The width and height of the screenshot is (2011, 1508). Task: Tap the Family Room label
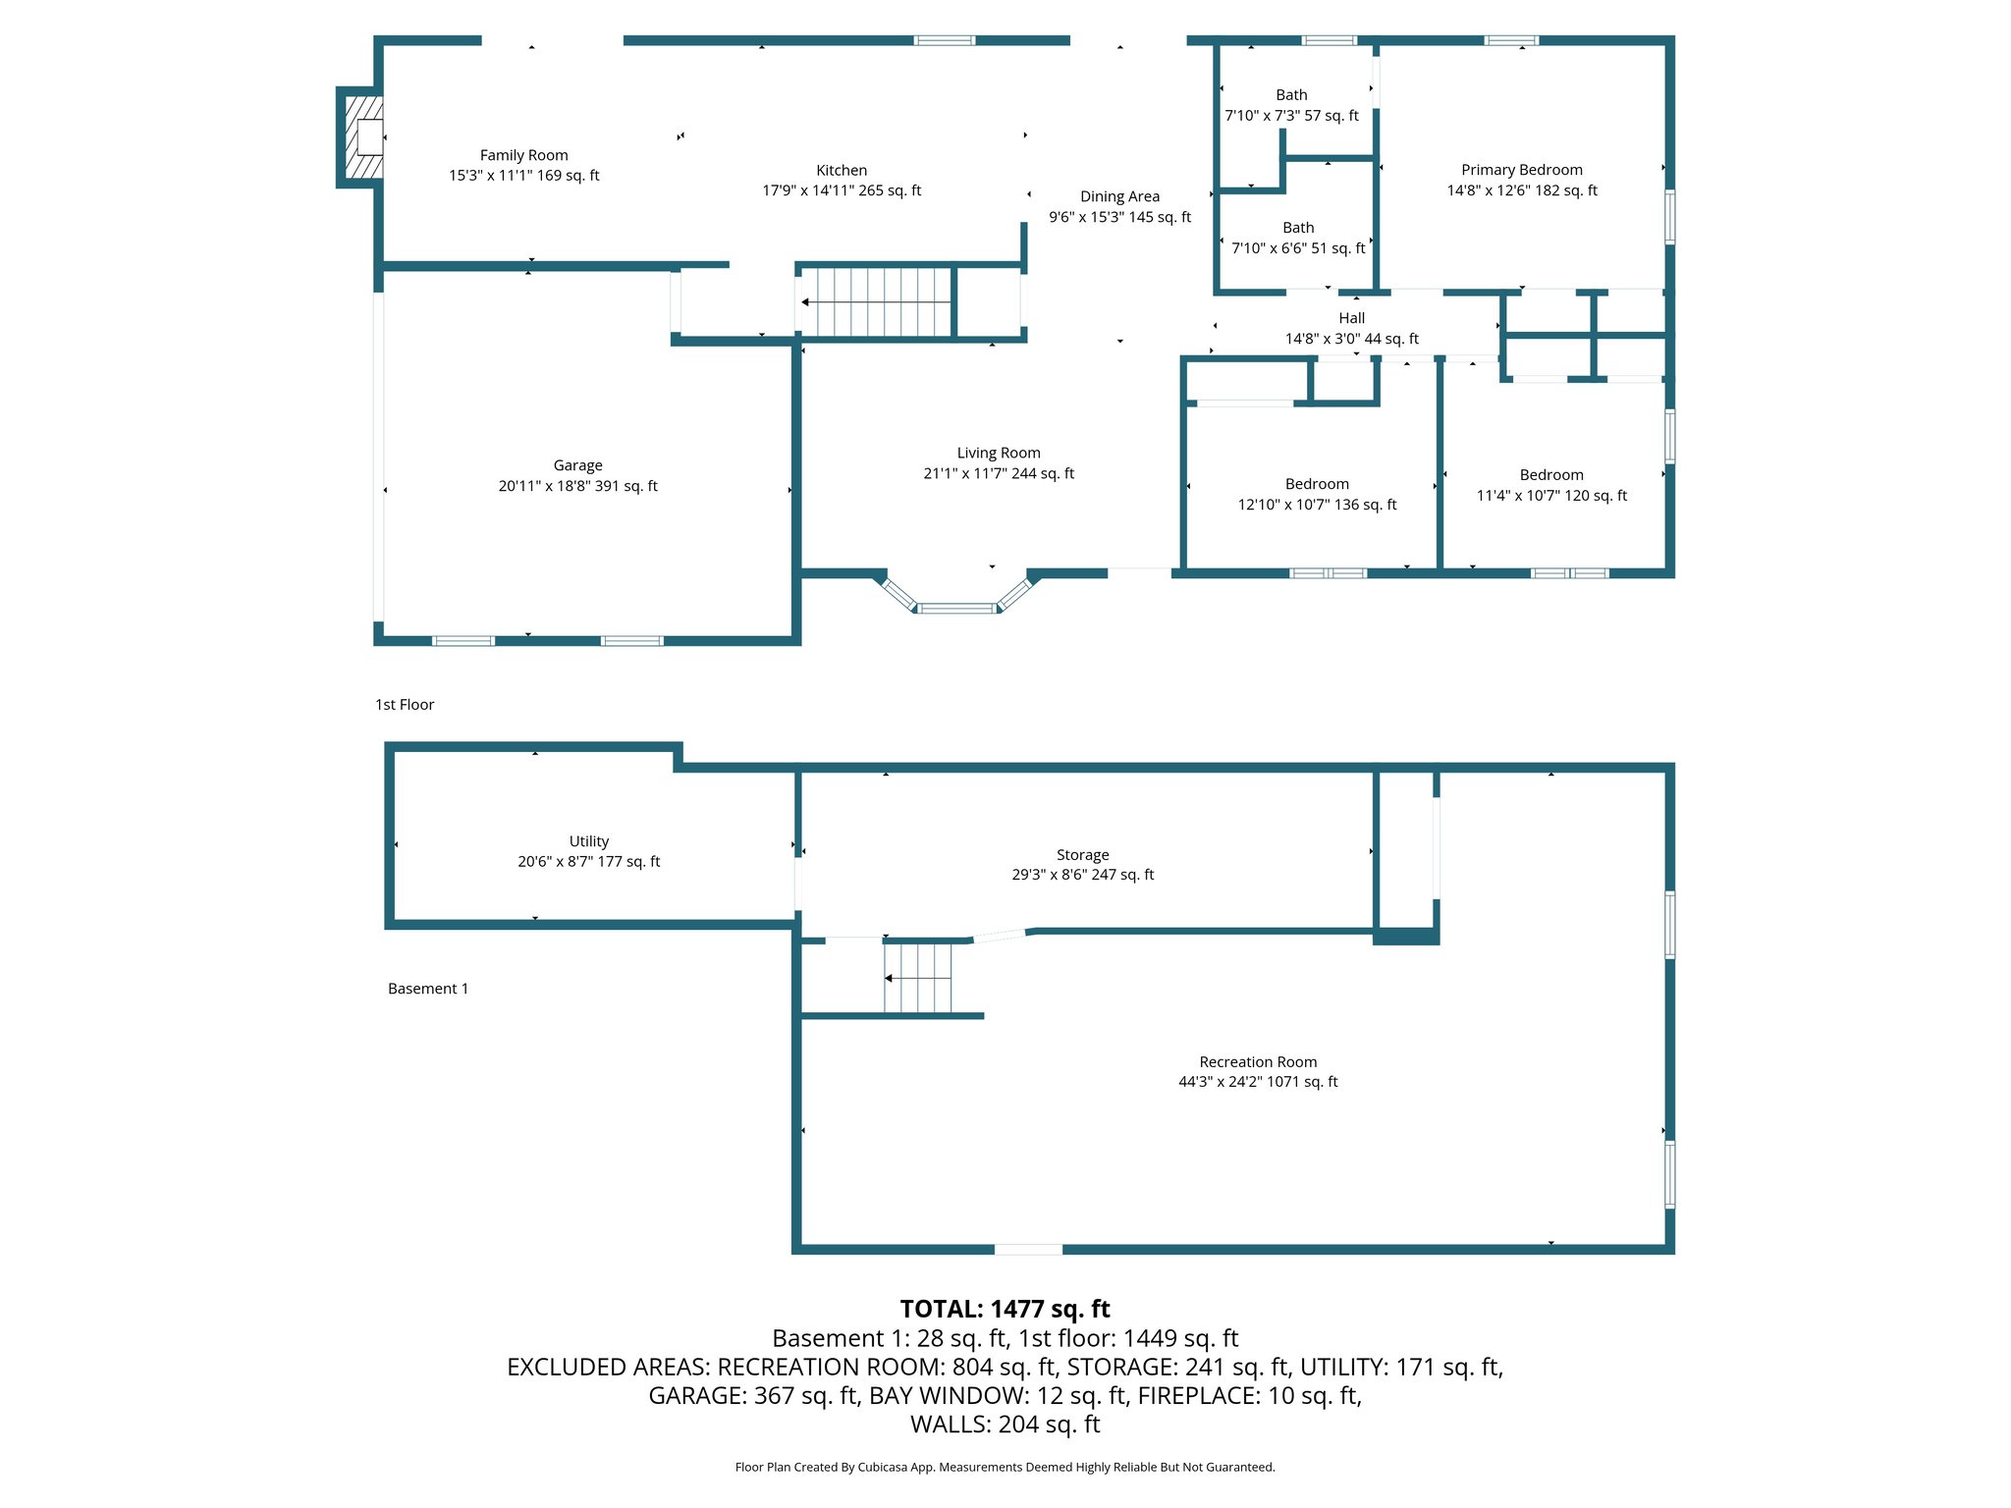(523, 155)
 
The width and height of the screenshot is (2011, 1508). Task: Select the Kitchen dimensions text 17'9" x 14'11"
(842, 190)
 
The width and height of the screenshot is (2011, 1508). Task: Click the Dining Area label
(1119, 196)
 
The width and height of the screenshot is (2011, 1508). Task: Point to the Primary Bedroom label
(1521, 170)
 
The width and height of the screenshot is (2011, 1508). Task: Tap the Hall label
(1351, 318)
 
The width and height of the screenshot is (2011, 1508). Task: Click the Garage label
(577, 465)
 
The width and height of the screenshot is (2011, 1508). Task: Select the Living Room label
(998, 453)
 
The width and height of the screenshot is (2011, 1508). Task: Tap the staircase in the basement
(918, 978)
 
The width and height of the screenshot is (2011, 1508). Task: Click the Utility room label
(588, 841)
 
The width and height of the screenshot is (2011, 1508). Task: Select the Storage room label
(1082, 855)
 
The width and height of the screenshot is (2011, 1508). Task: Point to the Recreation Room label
(1258, 1061)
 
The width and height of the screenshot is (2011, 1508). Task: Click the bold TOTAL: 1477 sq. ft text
(1005, 1309)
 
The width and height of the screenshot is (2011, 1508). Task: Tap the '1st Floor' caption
(405, 705)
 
